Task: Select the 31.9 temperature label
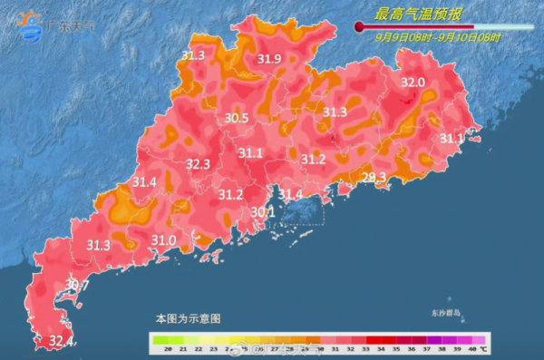click(269, 60)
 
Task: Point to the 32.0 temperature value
click(413, 83)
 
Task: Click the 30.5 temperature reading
click(238, 118)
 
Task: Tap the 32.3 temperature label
click(198, 164)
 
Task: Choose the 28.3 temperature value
click(374, 177)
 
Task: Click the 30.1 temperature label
click(262, 212)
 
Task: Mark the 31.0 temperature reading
click(163, 239)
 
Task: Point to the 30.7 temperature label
click(77, 286)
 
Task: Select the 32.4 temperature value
click(61, 342)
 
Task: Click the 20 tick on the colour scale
click(157, 348)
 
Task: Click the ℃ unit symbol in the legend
click(483, 348)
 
